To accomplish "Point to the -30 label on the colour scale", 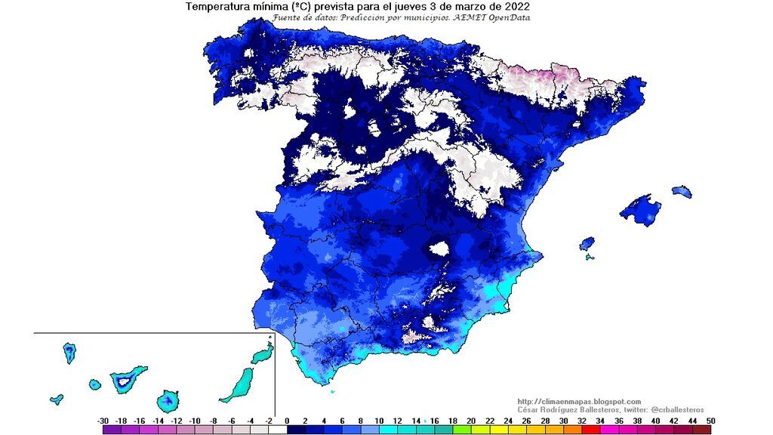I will click(103, 420).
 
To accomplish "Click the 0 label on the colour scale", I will click(288, 420).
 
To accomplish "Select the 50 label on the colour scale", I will click(710, 420).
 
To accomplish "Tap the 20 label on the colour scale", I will click(471, 420).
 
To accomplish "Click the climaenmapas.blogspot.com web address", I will click(579, 401).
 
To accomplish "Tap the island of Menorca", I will click(682, 192).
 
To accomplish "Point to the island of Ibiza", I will click(587, 244).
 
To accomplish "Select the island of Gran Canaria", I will click(168, 400).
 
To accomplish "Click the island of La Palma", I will click(69, 352).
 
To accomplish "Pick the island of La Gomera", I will click(94, 384).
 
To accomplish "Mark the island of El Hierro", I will click(57, 399).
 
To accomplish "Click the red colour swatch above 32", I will click(590, 429).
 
